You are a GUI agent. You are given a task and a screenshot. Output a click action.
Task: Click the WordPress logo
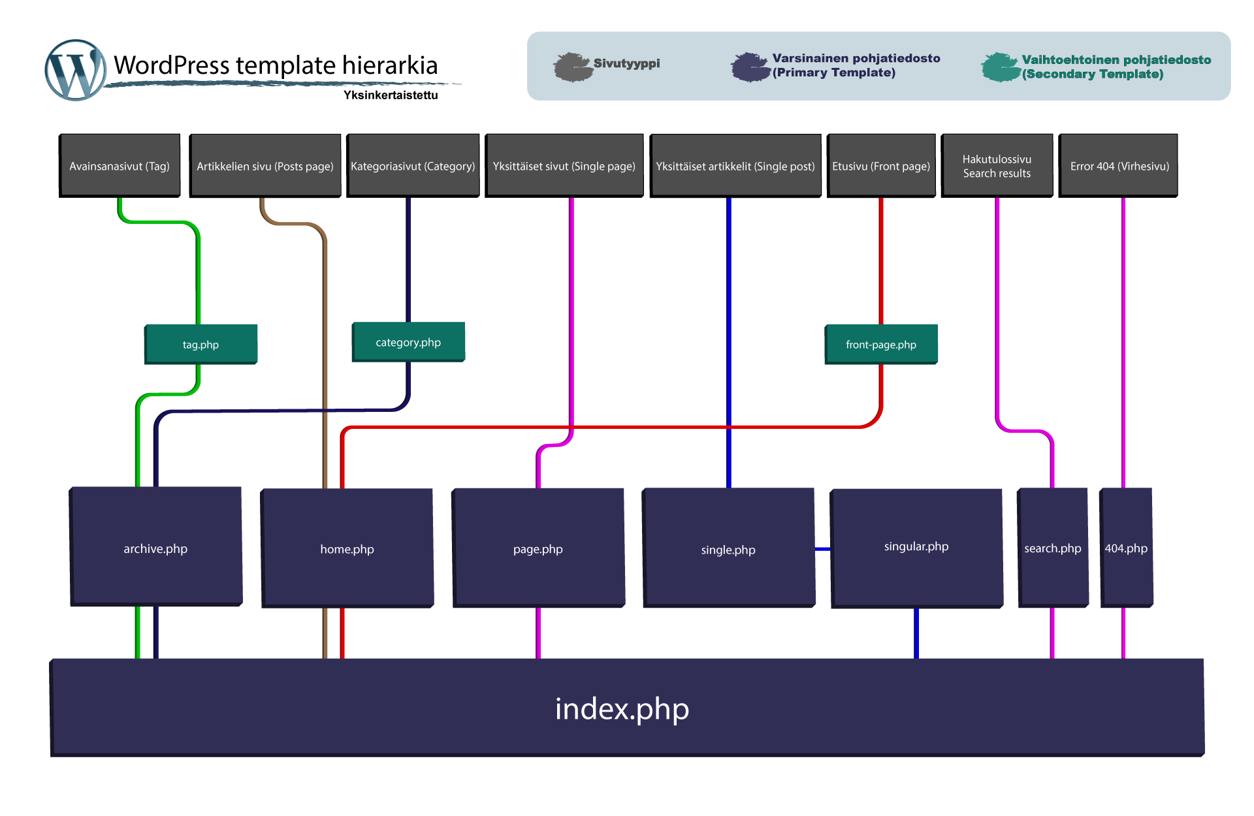(76, 71)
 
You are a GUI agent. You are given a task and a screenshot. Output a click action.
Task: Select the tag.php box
(201, 344)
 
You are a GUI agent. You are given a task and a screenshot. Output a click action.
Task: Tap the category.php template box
(409, 342)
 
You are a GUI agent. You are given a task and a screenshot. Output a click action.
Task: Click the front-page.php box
(881, 344)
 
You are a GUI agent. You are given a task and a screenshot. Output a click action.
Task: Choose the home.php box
(347, 548)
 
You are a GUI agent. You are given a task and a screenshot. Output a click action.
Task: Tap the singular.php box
(917, 547)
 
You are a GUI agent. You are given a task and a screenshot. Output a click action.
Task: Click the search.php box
(1053, 548)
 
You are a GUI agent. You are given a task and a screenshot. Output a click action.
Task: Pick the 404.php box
(1126, 548)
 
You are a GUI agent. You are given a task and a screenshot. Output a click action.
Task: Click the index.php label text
(622, 709)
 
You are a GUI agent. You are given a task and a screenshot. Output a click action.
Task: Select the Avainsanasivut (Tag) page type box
(120, 165)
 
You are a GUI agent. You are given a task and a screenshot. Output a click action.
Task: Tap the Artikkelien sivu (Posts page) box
(266, 165)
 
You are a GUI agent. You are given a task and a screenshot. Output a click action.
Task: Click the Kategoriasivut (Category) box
(413, 165)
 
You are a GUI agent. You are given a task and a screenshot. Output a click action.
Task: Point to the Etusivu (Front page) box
(882, 165)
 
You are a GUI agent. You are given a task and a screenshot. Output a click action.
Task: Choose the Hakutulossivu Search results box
(997, 165)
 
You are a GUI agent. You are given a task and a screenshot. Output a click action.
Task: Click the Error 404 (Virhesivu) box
(1119, 165)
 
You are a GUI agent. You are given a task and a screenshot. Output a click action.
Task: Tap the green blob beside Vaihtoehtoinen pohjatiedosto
(1000, 67)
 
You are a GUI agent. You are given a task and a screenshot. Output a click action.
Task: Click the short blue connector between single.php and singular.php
(823, 549)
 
